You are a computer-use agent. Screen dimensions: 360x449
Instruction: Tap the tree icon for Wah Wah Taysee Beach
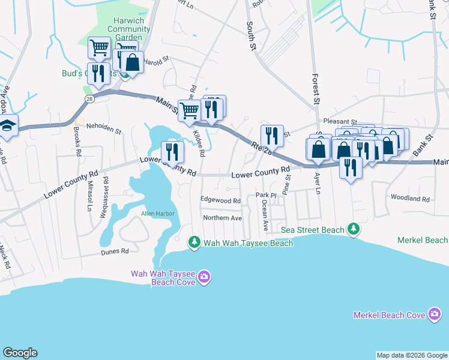point(194,242)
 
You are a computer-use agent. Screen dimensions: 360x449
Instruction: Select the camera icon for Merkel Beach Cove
point(435,315)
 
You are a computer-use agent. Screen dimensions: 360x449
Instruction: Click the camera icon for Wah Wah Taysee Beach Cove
point(204,277)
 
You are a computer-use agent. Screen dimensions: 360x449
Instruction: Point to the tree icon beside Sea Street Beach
point(354,229)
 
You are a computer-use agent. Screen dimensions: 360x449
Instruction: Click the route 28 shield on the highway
point(89,100)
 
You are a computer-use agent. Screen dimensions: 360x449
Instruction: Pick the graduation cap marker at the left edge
point(8,126)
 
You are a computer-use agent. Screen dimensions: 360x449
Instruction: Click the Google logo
point(20,353)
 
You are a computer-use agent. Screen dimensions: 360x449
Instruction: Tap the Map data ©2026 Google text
point(412,355)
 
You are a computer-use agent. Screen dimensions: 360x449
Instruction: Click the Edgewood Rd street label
point(220,201)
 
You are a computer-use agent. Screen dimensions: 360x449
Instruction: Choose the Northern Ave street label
point(222,218)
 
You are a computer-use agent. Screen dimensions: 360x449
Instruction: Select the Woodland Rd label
point(410,199)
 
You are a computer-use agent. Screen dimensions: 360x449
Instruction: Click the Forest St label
point(314,89)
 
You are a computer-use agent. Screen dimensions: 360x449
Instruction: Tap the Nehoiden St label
point(104,128)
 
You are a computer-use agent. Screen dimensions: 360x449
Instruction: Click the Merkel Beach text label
point(423,240)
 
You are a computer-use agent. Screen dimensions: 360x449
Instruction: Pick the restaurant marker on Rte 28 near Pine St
point(272,136)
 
